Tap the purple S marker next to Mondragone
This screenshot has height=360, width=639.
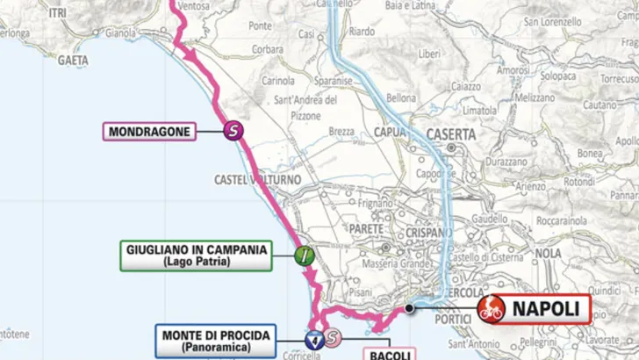(233, 132)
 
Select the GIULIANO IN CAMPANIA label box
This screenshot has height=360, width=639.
(195, 255)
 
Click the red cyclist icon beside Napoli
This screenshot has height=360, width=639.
(491, 310)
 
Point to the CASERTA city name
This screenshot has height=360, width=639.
(450, 134)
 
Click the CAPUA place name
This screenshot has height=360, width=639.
(391, 133)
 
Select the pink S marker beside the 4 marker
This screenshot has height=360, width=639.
(332, 337)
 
